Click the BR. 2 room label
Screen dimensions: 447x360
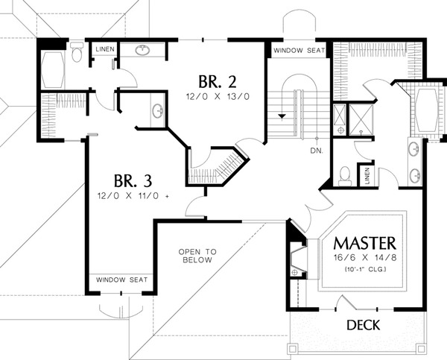pos(218,82)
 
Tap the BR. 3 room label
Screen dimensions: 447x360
pos(133,181)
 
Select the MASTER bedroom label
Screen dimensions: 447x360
pos(365,243)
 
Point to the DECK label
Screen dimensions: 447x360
pos(364,325)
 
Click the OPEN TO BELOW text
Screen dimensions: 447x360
pos(197,256)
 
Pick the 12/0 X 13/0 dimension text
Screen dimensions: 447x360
pos(218,97)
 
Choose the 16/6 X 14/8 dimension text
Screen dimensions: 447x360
pos(365,258)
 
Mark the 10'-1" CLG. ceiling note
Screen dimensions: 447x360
pos(365,269)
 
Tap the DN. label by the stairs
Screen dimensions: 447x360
pos(317,151)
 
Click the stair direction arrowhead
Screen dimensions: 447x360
pos(282,116)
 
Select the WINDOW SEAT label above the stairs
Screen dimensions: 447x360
pos(299,51)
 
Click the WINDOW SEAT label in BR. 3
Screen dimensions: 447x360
pos(121,280)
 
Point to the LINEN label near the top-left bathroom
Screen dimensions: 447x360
pos(105,49)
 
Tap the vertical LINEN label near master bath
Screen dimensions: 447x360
pos(367,175)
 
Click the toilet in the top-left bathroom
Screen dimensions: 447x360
pos(77,51)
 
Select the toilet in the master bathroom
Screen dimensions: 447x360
pos(345,175)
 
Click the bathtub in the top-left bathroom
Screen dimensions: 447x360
pos(53,69)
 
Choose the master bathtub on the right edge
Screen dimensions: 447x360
pos(426,110)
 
